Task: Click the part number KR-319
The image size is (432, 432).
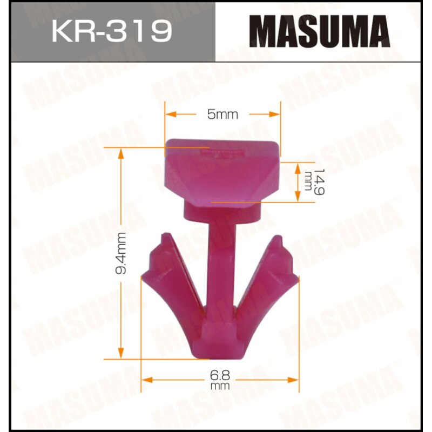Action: coord(112,31)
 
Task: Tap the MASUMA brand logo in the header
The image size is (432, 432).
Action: coord(322,31)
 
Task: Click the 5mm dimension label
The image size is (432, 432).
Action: coord(222,114)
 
